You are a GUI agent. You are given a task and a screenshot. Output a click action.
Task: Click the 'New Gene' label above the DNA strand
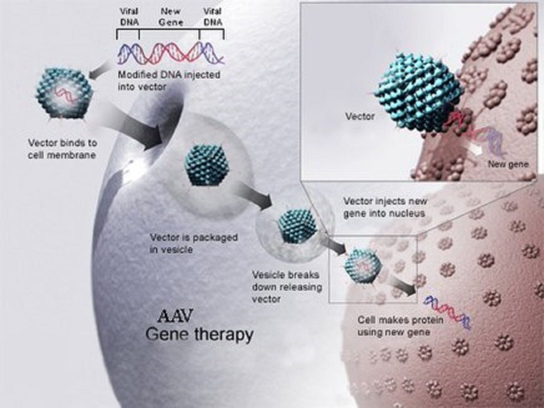(x=170, y=17)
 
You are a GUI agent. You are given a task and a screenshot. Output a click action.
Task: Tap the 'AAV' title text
(x=175, y=316)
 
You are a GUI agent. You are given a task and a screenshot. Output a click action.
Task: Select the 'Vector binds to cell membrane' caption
(x=62, y=149)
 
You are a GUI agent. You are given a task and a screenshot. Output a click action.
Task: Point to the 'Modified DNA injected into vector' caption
(x=169, y=81)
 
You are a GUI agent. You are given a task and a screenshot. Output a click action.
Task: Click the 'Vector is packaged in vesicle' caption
(x=194, y=243)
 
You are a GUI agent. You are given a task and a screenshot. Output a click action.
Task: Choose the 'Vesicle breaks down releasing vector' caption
(x=287, y=287)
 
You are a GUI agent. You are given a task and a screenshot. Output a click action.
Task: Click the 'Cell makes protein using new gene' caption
(x=400, y=326)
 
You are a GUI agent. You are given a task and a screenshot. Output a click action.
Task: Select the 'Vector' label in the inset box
(x=360, y=116)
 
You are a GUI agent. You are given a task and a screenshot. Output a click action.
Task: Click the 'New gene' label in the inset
(x=508, y=164)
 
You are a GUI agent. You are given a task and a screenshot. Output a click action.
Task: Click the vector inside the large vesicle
(x=207, y=165)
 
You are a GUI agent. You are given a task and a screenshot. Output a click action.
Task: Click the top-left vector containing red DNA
(x=64, y=94)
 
